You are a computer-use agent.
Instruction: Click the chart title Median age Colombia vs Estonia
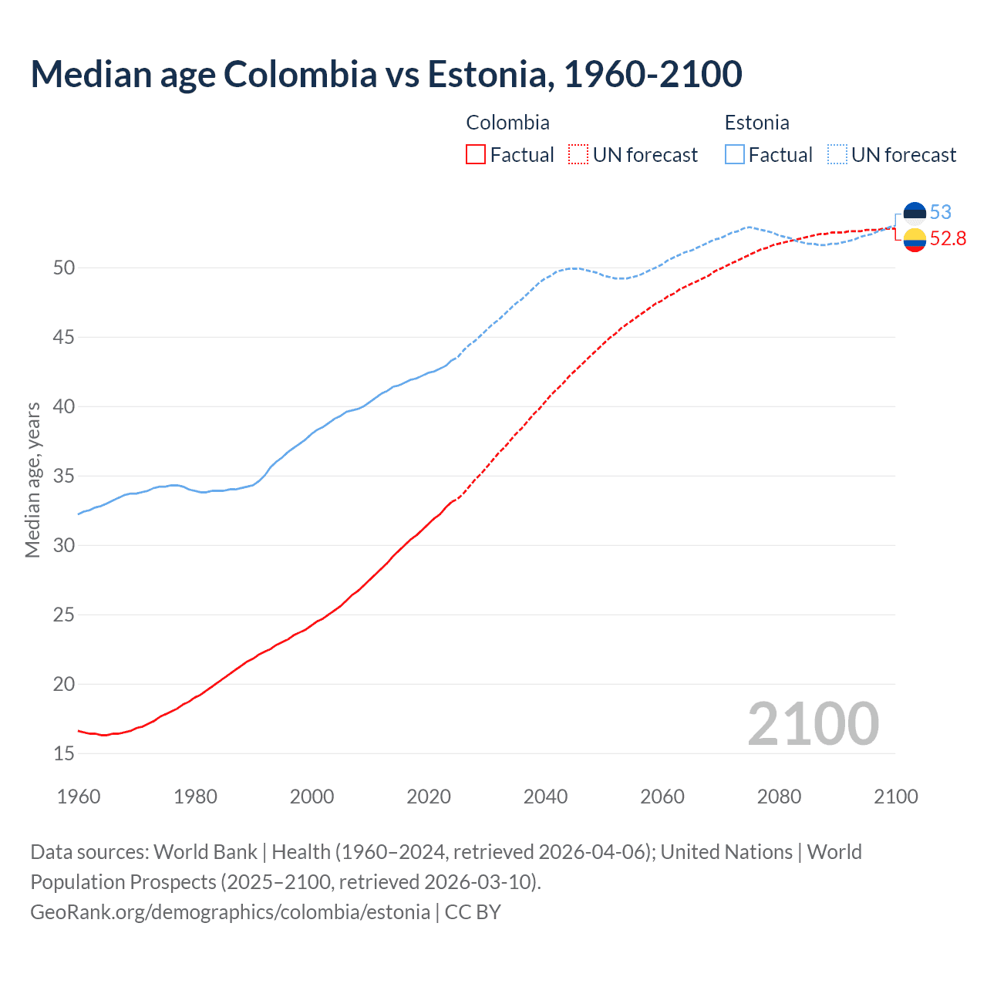[x=386, y=74]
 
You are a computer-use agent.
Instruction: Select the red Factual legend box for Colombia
[x=476, y=155]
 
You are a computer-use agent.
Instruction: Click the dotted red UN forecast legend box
[x=578, y=155]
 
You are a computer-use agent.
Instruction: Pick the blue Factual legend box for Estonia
[x=735, y=155]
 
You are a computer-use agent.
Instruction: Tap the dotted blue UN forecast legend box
[x=837, y=155]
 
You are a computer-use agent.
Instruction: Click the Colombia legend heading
[x=507, y=123]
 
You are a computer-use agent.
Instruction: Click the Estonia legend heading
[x=756, y=123]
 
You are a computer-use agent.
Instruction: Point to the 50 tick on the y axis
[x=64, y=268]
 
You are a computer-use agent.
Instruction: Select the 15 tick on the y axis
[x=64, y=753]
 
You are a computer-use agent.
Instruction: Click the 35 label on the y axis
[x=64, y=476]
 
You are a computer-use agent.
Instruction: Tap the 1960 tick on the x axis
[x=79, y=797]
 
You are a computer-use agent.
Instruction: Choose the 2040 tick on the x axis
[x=545, y=797]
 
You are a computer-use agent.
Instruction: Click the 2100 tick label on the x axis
[x=895, y=797]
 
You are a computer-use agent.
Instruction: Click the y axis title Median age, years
[x=32, y=480]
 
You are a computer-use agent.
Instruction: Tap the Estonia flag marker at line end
[x=915, y=212]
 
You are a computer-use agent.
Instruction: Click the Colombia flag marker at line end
[x=915, y=240]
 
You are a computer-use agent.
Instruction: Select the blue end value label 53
[x=941, y=212]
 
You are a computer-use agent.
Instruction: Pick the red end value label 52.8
[x=948, y=239]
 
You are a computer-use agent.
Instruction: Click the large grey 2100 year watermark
[x=813, y=723]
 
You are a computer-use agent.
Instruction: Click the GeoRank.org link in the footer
[x=230, y=912]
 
